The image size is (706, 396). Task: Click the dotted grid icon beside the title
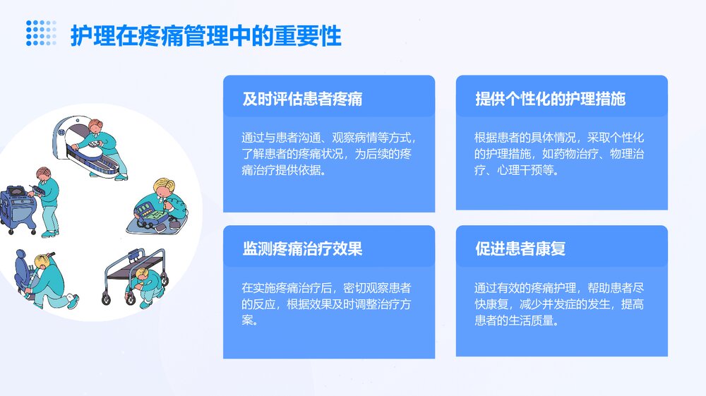(x=41, y=33)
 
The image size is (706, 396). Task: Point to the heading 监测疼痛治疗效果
(x=302, y=249)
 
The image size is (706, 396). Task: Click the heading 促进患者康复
(x=520, y=249)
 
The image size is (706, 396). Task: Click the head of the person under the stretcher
(x=143, y=274)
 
